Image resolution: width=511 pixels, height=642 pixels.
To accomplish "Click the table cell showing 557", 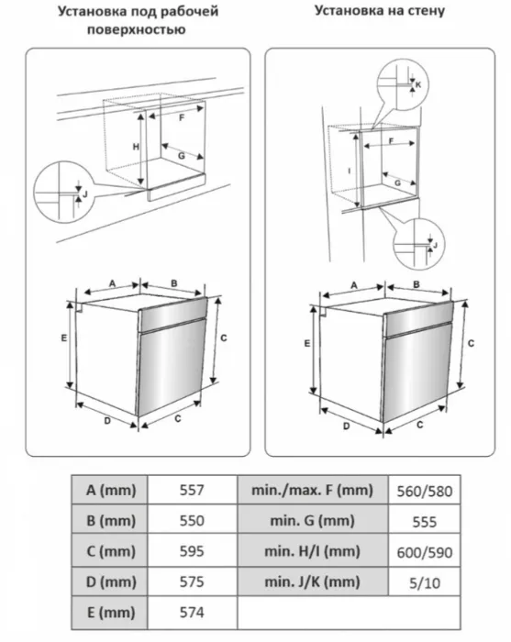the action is (192, 490).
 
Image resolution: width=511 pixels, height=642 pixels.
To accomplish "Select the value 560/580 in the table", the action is (425, 491).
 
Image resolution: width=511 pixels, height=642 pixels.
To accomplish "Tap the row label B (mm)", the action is (111, 520).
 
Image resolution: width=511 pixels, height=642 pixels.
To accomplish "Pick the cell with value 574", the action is (192, 612).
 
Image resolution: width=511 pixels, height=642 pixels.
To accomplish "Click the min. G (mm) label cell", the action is (313, 520).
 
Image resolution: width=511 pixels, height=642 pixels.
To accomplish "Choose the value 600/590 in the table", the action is (425, 552).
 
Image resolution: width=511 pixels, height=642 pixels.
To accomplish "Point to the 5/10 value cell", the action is (425, 582).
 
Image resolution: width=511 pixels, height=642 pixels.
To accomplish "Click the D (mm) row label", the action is (111, 581).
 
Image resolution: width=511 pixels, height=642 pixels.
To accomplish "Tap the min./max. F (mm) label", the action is (313, 490).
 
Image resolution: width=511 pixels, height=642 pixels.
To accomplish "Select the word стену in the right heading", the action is (427, 11).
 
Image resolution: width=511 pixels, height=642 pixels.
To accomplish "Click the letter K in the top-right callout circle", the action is (418, 84).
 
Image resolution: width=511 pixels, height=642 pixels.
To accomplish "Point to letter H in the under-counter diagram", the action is (136, 147).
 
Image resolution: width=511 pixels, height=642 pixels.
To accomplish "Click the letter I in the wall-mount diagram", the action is (350, 171).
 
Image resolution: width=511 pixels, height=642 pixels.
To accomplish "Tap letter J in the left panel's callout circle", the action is (85, 194).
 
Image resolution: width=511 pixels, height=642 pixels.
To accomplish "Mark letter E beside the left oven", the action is (64, 338).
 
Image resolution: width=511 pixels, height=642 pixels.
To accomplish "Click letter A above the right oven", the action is (354, 285).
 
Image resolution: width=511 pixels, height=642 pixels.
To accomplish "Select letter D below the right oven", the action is (347, 426).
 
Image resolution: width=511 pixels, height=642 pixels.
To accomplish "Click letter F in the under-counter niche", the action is (182, 118).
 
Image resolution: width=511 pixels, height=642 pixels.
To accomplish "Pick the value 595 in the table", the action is (192, 551).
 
